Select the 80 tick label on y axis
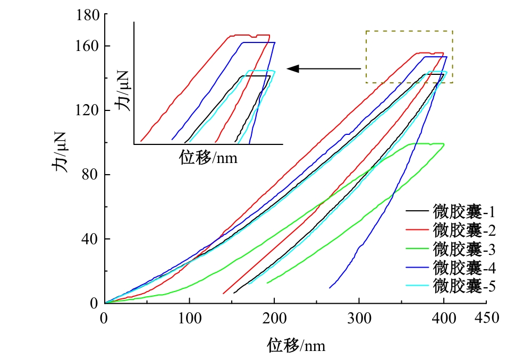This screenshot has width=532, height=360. click(x=92, y=175)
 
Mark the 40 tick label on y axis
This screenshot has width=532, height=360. click(x=92, y=239)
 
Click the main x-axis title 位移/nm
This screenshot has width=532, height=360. click(x=295, y=346)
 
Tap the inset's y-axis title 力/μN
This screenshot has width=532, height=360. click(x=124, y=95)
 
